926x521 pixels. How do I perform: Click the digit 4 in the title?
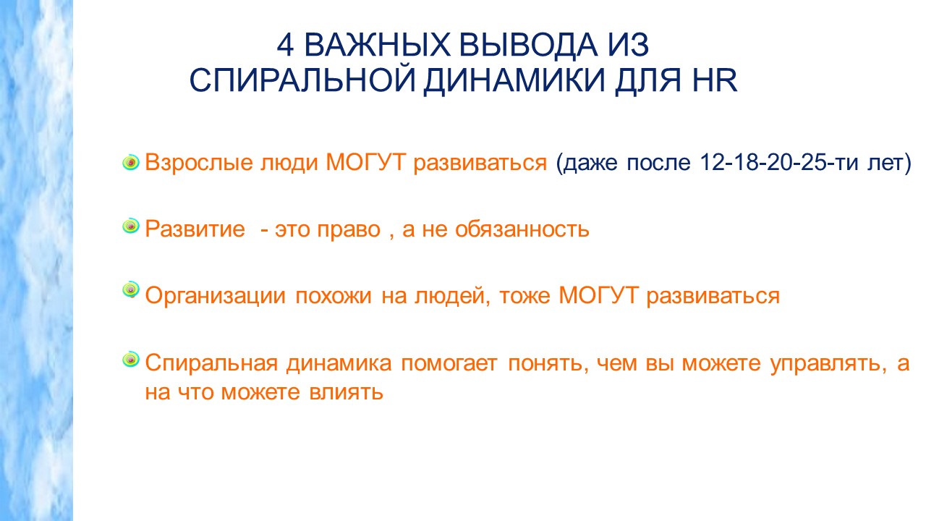(x=285, y=45)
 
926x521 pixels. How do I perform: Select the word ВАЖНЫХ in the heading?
(x=377, y=45)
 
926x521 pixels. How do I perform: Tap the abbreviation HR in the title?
(x=715, y=80)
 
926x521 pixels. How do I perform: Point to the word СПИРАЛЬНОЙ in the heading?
(x=302, y=80)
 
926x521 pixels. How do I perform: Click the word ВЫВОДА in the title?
(x=528, y=46)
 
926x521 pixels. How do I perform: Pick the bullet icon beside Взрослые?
(x=131, y=163)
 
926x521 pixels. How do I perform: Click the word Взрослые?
(x=198, y=163)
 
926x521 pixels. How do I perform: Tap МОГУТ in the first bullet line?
(x=365, y=161)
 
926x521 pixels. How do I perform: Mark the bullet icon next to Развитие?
(x=131, y=226)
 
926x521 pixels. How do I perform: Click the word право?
(x=349, y=230)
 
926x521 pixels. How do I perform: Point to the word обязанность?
(x=522, y=229)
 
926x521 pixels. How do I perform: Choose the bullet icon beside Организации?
(x=131, y=289)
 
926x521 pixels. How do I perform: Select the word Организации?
(x=215, y=296)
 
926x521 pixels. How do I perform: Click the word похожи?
(x=334, y=296)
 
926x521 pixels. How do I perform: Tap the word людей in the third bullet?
(x=452, y=297)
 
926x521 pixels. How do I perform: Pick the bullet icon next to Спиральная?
(x=131, y=360)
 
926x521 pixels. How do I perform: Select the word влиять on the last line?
(x=346, y=392)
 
